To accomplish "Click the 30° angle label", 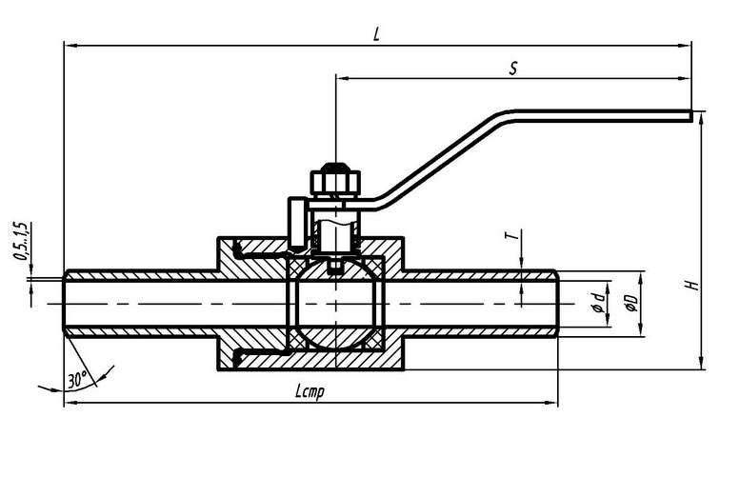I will [77, 378].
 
